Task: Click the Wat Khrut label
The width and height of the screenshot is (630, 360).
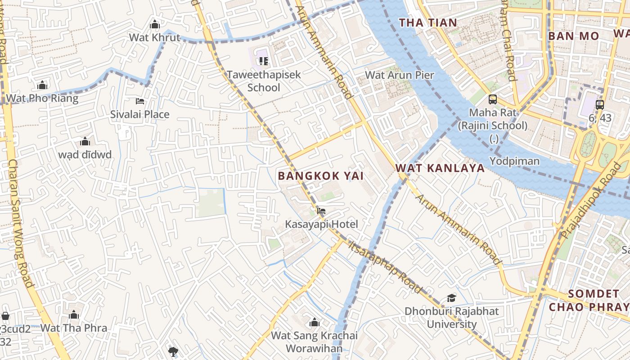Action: tap(154, 37)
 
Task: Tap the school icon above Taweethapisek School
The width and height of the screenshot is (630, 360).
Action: tap(263, 61)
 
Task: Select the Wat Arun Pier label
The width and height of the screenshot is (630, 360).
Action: tap(399, 75)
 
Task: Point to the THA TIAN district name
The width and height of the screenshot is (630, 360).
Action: tap(428, 22)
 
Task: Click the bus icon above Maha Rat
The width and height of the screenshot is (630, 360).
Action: tap(493, 99)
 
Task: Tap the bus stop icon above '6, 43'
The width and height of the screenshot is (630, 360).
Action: tap(599, 105)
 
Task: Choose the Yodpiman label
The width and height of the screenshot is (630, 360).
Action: tap(514, 161)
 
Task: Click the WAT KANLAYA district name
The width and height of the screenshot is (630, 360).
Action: tap(440, 168)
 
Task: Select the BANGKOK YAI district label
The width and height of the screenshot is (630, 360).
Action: tap(320, 176)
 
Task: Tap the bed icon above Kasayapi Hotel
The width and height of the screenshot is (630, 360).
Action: tap(321, 211)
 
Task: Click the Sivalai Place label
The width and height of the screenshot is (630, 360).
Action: tap(140, 114)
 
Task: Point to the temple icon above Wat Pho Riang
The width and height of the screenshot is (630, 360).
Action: tap(42, 85)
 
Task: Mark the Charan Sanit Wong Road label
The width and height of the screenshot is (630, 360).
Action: tap(20, 223)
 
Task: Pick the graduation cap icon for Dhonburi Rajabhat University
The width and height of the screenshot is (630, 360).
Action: tap(451, 298)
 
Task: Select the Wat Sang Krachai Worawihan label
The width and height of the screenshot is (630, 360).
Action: tap(314, 342)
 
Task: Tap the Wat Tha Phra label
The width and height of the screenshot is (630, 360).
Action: tap(74, 328)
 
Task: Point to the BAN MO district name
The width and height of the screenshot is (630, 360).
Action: tap(573, 36)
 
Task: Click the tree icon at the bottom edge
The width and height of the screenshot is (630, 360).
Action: tap(173, 351)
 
